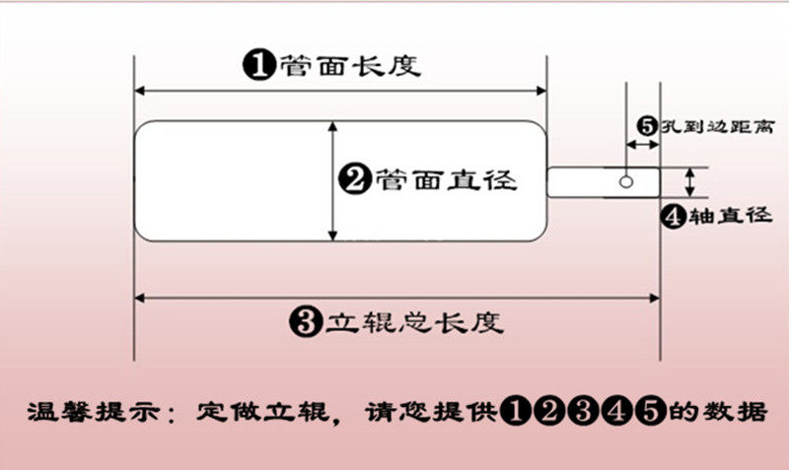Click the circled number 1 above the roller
pos(258,65)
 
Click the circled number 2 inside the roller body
pos(354,179)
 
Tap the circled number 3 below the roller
pos(307,320)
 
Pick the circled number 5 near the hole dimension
pos(647,126)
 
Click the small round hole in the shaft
pos(626,181)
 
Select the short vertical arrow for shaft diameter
pos(690,181)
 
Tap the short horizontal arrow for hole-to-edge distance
pos(644,146)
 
